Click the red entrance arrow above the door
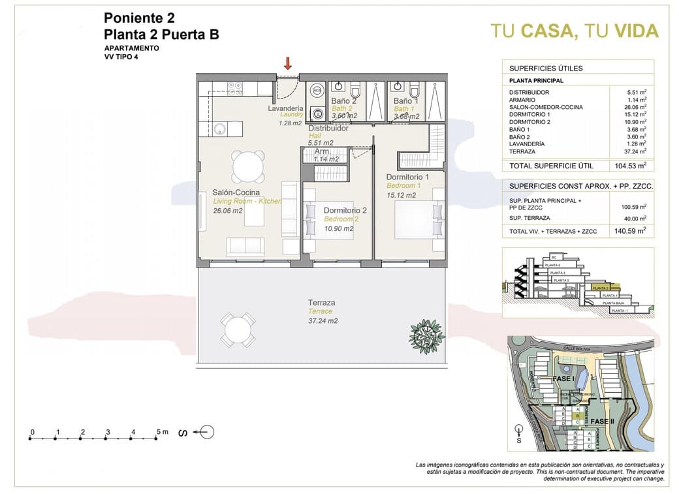pos(287,63)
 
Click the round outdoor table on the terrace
pos(237,330)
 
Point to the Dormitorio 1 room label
pos(407,177)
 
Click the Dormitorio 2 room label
pos(345,210)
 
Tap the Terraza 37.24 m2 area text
pos(323,320)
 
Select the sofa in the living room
pos(245,246)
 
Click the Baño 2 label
pos(343,101)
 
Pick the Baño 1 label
pos(405,101)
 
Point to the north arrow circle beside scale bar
pos(206,431)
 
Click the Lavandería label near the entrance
pos(285,108)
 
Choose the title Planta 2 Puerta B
pos(161,35)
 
